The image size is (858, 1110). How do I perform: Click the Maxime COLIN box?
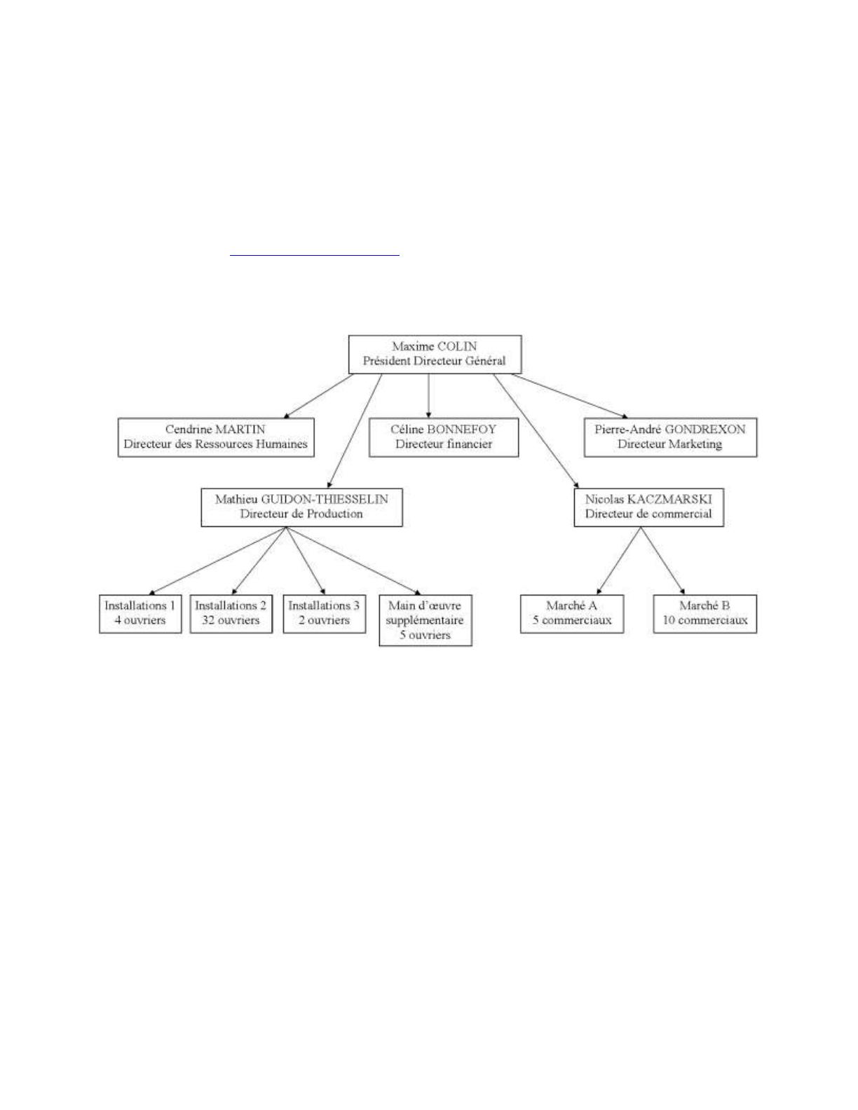tap(435, 354)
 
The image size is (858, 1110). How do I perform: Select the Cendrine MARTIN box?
tap(216, 437)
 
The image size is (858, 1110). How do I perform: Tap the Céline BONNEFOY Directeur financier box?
tap(444, 437)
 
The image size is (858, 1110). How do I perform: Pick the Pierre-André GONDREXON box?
tap(670, 437)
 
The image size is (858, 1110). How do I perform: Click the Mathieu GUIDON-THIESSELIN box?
tap(301, 507)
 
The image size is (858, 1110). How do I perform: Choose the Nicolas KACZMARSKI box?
tap(648, 507)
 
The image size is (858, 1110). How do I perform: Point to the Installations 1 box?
tap(140, 613)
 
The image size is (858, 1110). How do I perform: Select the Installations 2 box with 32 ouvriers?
tap(231, 613)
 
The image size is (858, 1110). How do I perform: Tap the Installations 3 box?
tap(324, 613)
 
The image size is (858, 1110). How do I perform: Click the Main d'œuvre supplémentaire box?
tap(425, 620)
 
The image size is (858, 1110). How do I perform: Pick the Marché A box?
tap(572, 613)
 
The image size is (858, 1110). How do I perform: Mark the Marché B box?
tap(704, 613)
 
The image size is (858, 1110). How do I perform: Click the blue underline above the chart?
tap(314, 254)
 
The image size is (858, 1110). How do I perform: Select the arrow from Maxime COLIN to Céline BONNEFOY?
tap(428, 396)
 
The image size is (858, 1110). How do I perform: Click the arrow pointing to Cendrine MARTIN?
tap(318, 396)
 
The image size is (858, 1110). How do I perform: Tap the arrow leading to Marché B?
tap(663, 561)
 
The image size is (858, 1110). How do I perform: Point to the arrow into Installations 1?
tap(217, 561)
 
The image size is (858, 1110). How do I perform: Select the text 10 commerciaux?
tap(705, 621)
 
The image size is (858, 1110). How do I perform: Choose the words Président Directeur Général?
tap(435, 361)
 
